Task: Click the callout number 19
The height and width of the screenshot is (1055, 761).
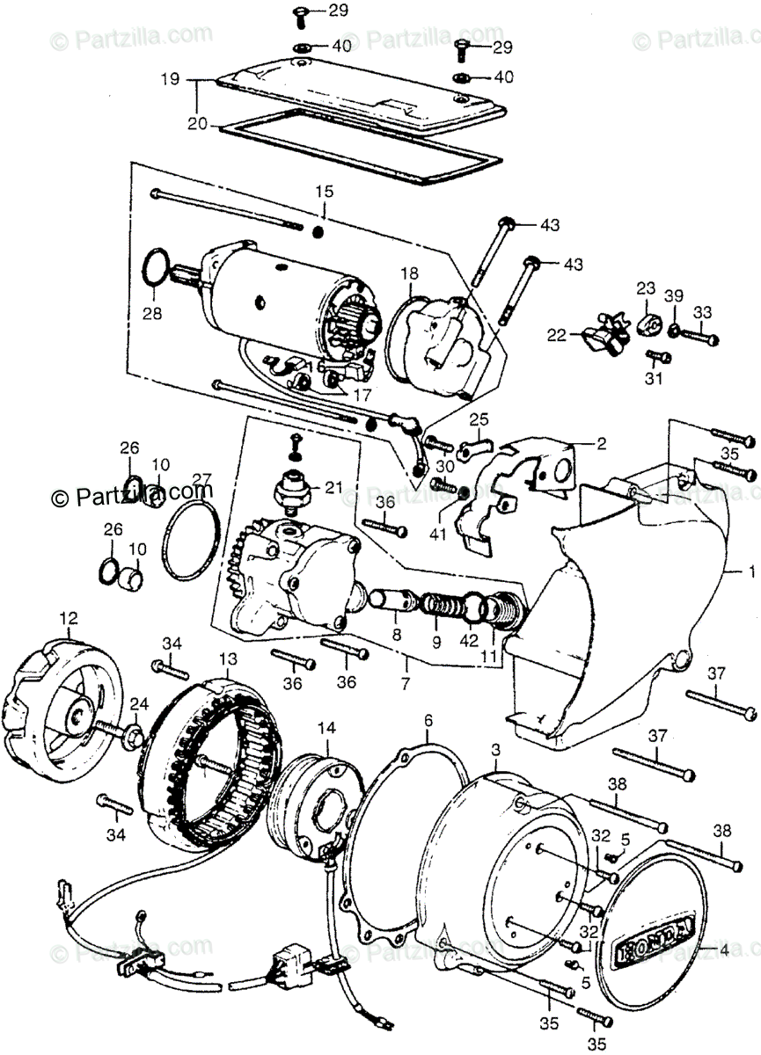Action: click(x=170, y=79)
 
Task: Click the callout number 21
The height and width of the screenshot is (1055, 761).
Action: click(x=333, y=487)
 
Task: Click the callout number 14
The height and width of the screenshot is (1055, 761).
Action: click(x=326, y=727)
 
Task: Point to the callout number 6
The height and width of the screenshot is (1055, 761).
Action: click(x=428, y=722)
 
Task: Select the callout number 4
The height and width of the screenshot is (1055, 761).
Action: click(x=724, y=950)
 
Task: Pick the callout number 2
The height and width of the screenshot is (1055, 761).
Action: click(x=601, y=445)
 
